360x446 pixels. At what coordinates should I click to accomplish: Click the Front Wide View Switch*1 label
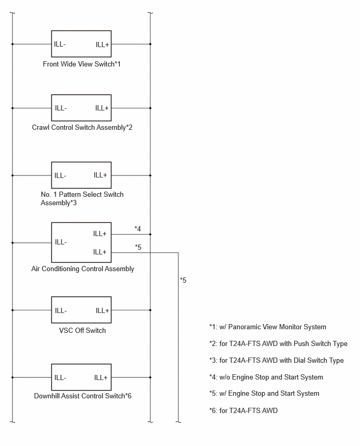pos(82,64)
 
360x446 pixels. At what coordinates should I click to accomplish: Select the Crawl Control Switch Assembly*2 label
pos(82,127)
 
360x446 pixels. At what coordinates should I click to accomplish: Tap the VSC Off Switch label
pos(82,330)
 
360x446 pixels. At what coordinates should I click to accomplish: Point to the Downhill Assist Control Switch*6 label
pos(83,396)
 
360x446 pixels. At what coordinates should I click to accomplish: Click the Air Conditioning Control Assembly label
pos(83,269)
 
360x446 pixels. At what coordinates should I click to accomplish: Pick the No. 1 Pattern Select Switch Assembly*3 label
pos(82,198)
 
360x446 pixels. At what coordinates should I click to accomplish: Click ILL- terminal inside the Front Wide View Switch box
pos(60,44)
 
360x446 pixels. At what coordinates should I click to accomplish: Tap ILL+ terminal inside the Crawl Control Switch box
pos(102,108)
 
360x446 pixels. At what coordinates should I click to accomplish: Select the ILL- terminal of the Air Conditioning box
pos(61,242)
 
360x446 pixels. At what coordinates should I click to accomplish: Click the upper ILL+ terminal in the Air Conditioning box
pos(99,233)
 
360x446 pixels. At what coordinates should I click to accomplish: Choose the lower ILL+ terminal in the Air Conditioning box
pos(99,252)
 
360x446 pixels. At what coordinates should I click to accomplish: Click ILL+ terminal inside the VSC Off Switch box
pos(103,310)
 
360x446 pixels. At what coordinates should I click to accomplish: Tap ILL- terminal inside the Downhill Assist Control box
pos(60,378)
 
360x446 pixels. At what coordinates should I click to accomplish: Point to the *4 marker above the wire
pos(138,229)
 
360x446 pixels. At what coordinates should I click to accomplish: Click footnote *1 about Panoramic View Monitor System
pos(267,327)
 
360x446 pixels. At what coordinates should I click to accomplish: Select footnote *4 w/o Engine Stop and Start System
pos(266,377)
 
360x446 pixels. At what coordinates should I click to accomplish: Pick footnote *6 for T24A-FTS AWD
pos(243,410)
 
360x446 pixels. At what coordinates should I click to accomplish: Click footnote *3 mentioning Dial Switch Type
pos(276,360)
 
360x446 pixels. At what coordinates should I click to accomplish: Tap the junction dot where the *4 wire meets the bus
pos(150,235)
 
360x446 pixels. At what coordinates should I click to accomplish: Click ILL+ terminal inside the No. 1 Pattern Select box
pos(100,175)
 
